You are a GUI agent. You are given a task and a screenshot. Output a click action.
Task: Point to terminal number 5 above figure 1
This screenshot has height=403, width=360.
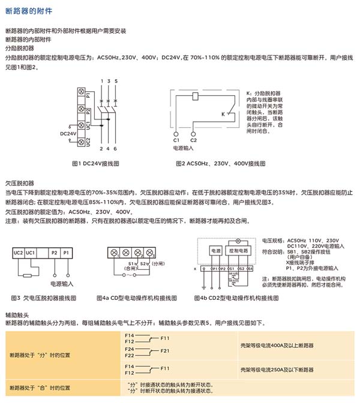click(116, 80)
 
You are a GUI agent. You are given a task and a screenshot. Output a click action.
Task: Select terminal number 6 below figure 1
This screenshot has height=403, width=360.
click(116, 148)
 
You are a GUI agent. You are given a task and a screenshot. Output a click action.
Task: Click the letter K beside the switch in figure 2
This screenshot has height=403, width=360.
click(223, 113)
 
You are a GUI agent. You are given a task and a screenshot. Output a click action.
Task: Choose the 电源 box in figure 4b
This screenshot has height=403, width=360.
click(214, 249)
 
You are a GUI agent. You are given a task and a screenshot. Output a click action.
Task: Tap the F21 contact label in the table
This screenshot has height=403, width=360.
click(165, 350)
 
